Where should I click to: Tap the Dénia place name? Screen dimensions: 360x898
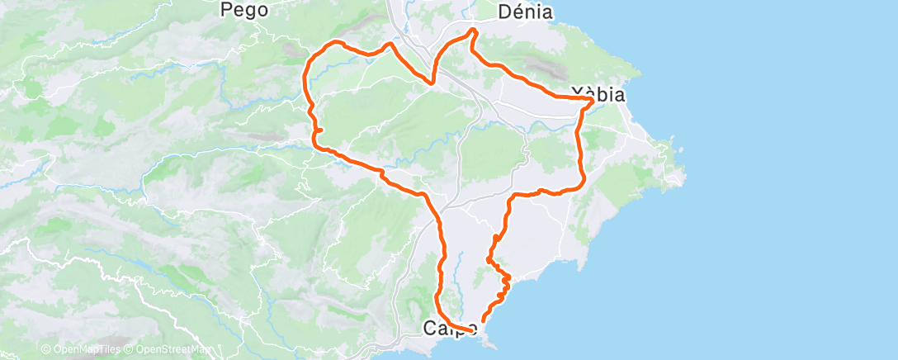[x=525, y=12]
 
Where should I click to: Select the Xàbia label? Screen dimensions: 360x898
[x=598, y=94]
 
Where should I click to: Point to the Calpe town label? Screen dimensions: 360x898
[x=447, y=328]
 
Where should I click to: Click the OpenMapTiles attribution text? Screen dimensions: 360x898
[x=85, y=349]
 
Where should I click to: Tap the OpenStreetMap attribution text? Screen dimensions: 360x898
[x=173, y=349]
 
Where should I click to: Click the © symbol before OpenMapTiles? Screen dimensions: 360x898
[x=45, y=349]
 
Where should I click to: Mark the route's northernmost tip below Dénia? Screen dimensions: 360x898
[x=473, y=31]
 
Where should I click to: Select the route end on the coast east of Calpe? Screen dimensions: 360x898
[x=483, y=321]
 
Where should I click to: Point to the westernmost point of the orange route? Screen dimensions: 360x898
[x=306, y=78]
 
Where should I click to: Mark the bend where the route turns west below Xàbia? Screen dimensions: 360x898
[x=583, y=180]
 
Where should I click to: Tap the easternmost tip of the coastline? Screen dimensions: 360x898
[x=684, y=175]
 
